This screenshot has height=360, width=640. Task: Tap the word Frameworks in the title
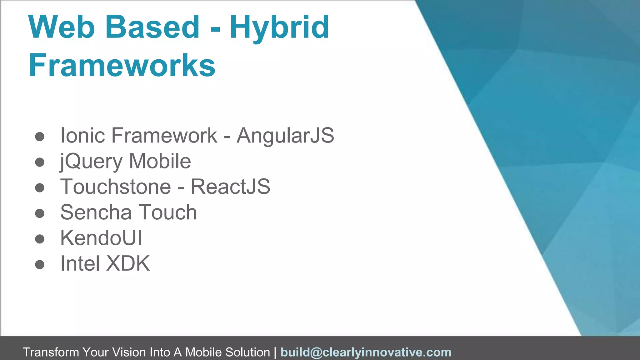[x=122, y=65]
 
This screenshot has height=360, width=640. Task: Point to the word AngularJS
[x=285, y=136]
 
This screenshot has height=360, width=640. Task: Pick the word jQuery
[x=91, y=162]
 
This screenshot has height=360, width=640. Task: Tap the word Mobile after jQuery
[x=160, y=161]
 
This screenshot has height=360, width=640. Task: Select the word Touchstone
[x=116, y=187]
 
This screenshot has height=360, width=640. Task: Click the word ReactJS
[x=230, y=187]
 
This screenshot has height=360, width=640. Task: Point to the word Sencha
[x=96, y=212]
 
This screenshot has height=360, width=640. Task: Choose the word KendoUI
[x=101, y=238]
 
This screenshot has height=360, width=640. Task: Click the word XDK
[x=128, y=264]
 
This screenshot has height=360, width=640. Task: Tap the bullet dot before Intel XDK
[x=40, y=265]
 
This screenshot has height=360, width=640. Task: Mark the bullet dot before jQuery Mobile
[x=40, y=162]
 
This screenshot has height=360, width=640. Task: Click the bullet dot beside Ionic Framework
[x=40, y=137]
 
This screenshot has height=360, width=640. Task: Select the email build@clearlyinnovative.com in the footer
[x=366, y=352]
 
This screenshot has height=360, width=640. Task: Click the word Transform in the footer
[x=51, y=352]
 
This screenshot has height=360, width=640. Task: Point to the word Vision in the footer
[x=129, y=352]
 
